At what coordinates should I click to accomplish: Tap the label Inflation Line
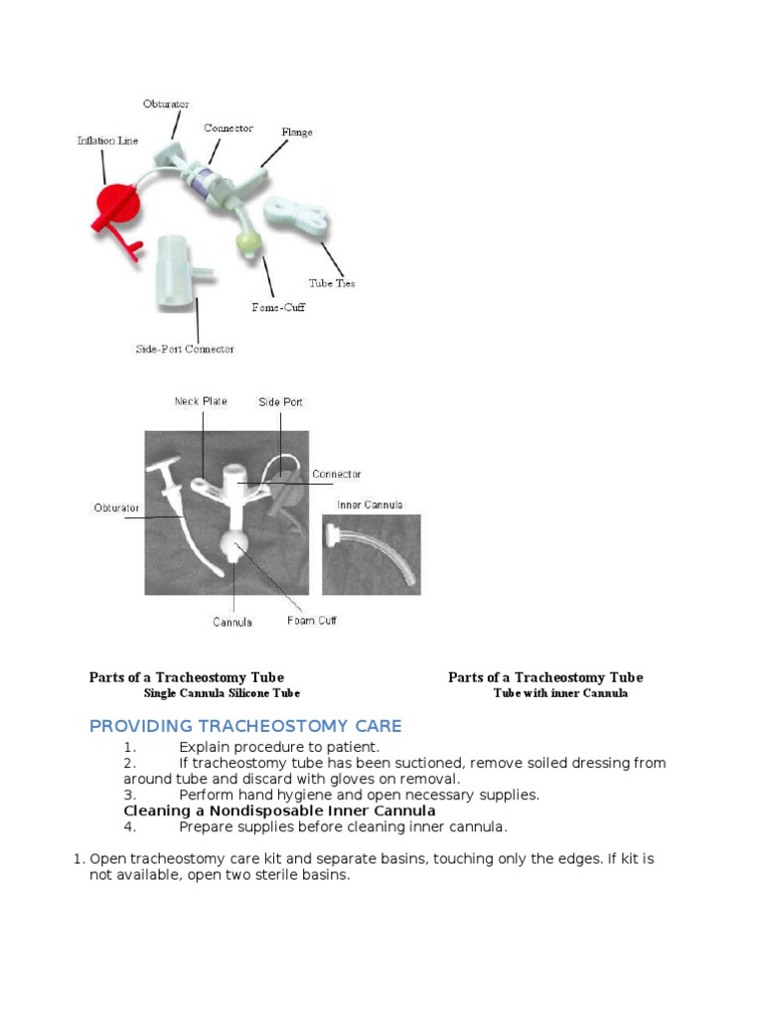107,141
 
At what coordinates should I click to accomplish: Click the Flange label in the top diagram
296,132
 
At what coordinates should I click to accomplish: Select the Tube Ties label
331,283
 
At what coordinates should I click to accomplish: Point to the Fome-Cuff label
278,307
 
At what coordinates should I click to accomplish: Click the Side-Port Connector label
185,349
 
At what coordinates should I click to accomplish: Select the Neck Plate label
201,401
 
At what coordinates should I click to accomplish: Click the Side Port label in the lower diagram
280,402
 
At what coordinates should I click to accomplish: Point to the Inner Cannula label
370,505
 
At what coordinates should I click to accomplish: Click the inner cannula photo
371,554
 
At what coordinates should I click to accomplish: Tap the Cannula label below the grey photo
232,623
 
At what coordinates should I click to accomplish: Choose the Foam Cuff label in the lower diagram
312,621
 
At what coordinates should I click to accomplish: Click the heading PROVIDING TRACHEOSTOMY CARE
245,726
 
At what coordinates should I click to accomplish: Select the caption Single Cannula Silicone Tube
222,693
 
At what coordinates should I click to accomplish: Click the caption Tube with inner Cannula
560,693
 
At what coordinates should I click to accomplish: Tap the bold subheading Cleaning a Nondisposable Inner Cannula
279,810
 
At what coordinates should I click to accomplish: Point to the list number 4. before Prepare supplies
129,826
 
